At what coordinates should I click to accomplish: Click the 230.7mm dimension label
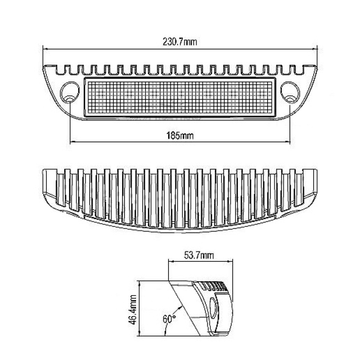click(180, 42)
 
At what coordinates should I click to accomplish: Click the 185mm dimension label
click(180, 136)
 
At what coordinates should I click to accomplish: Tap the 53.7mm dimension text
click(199, 255)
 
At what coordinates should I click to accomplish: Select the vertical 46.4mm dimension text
click(133, 310)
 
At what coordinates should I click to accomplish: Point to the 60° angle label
click(169, 319)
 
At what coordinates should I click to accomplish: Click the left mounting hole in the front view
click(70, 92)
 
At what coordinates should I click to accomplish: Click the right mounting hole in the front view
click(290, 92)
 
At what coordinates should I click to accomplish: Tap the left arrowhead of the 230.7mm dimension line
click(45, 49)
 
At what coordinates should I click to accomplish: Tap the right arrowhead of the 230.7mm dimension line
click(315, 49)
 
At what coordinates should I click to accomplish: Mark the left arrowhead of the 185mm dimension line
click(73, 142)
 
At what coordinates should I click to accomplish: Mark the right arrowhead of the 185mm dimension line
click(287, 142)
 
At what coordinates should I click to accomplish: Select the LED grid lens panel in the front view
click(180, 97)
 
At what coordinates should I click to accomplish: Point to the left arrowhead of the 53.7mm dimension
click(171, 261)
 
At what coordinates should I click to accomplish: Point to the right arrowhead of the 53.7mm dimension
click(230, 261)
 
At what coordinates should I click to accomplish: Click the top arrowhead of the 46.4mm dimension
click(139, 283)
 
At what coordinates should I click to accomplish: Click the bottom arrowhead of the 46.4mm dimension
click(139, 334)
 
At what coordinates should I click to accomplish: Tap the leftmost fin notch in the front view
click(60, 70)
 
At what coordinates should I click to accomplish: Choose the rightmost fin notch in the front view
click(300, 70)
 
